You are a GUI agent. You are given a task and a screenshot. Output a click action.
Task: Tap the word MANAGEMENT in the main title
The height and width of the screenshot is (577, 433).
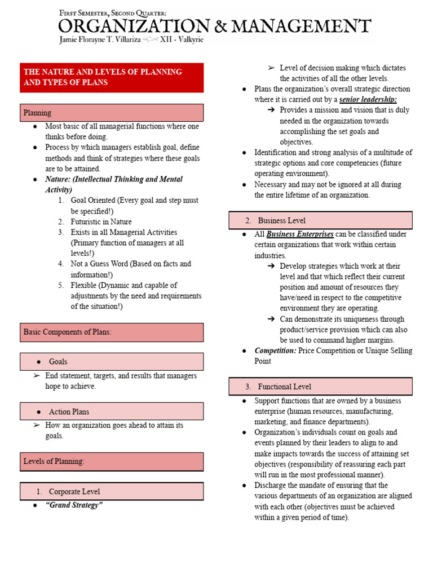[305, 26]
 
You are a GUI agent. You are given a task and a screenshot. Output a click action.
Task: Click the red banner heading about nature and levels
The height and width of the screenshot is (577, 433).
[112, 77]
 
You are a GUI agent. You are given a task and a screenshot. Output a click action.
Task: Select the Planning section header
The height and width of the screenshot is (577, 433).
[112, 113]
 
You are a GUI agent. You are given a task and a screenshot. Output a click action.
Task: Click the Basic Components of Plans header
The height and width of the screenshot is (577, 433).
[112, 332]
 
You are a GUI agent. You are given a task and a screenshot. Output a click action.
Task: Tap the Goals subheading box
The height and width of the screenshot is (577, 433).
[112, 362]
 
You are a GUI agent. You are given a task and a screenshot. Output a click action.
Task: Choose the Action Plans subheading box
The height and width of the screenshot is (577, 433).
[112, 411]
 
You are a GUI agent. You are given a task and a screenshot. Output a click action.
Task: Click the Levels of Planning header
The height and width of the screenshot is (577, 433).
[112, 461]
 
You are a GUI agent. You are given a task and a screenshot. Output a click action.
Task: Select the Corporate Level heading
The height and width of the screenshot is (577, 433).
[112, 491]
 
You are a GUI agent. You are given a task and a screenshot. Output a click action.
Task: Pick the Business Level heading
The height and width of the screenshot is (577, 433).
[320, 220]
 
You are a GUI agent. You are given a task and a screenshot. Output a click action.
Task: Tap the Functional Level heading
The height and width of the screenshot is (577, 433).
[320, 387]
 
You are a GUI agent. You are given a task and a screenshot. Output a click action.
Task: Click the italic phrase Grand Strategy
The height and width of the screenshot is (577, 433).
[74, 505]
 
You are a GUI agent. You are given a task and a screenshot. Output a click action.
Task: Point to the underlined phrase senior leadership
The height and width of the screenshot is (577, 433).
[369, 100]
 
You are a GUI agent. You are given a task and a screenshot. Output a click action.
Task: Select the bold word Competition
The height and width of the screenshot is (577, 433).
[275, 350]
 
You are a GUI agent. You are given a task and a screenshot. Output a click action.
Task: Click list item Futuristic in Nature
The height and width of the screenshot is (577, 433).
[101, 222]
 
